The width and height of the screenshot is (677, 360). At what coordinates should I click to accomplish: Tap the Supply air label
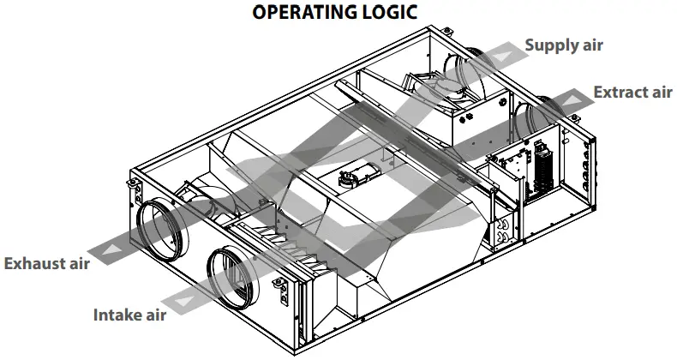(563, 45)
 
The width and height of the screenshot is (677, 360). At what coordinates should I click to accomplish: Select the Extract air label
(632, 92)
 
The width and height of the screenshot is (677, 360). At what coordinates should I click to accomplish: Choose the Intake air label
(129, 315)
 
